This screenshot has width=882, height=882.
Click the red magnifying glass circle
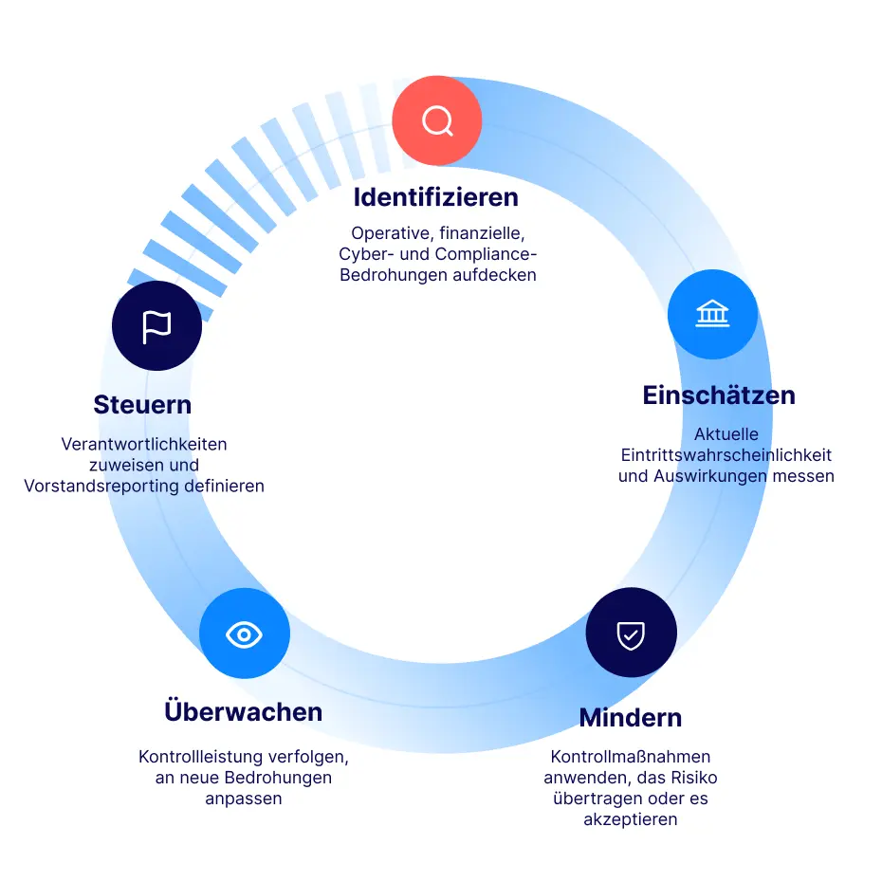[437, 120]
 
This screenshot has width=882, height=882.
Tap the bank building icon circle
[712, 314]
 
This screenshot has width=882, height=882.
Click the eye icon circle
[244, 634]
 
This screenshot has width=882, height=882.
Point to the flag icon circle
[156, 325]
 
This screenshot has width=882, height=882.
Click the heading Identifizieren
[436, 197]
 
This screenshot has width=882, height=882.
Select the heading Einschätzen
[719, 395]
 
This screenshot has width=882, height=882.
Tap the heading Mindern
[631, 718]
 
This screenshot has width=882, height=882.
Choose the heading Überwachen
[244, 710]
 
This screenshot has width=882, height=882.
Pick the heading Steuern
[143, 404]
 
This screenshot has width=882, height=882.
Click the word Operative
[392, 233]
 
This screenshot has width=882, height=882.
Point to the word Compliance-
[486, 254]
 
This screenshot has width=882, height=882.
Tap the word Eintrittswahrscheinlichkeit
[726, 454]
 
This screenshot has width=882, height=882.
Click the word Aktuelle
[726, 434]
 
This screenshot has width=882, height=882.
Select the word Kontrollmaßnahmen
[631, 757]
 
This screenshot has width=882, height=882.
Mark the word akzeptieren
[631, 819]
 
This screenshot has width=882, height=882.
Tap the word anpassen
[244, 799]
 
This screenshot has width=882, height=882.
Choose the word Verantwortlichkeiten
[144, 445]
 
